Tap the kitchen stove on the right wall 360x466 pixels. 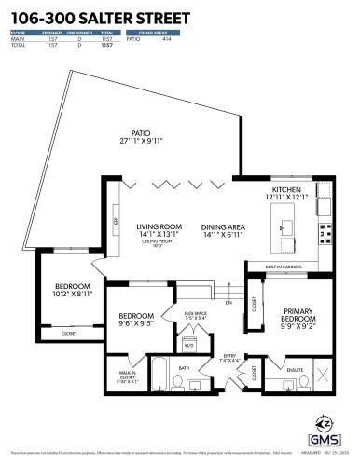click(x=325, y=230)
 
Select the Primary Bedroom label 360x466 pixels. click(x=290, y=319)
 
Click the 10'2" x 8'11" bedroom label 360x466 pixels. click(x=72, y=290)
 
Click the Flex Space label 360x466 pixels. click(x=193, y=315)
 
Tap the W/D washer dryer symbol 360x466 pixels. click(x=189, y=345)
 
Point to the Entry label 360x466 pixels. click(x=230, y=359)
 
